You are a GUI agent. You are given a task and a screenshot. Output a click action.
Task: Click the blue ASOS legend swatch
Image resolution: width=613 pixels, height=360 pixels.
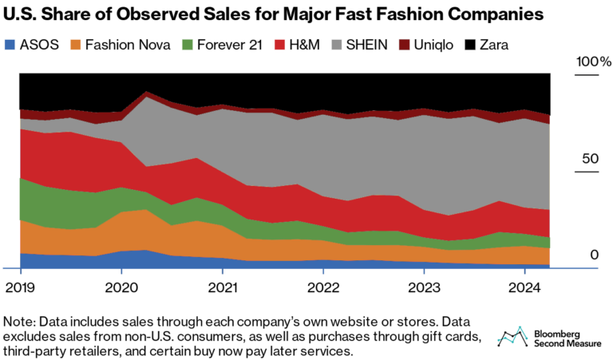(x=11, y=45)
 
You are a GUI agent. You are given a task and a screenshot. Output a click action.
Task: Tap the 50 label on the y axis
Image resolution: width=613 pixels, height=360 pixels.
(x=590, y=159)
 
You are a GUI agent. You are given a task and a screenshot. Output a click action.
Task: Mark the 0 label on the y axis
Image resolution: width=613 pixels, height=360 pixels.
(x=595, y=255)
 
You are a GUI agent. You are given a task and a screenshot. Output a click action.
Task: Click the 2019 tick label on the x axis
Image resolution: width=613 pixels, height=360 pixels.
(x=20, y=286)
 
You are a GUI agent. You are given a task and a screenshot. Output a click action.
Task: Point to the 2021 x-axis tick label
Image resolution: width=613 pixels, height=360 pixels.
(x=223, y=286)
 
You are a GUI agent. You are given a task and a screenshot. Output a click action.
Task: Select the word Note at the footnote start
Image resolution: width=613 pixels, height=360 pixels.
(x=18, y=321)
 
